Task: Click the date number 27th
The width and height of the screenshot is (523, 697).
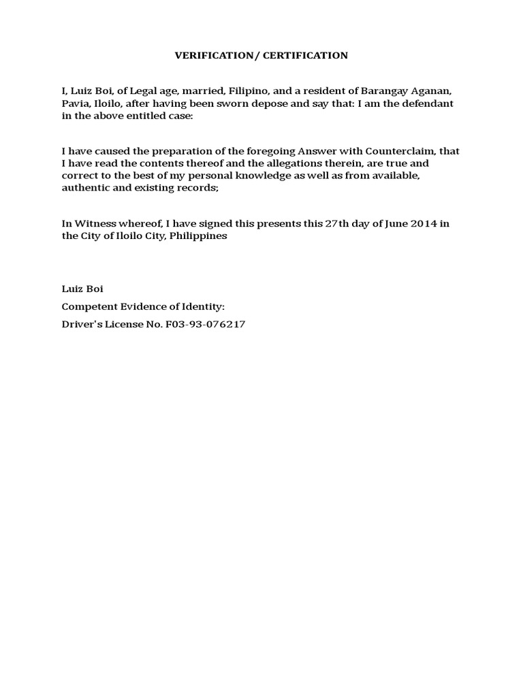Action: [x=336, y=224]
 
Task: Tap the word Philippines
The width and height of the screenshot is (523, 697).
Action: [x=197, y=236]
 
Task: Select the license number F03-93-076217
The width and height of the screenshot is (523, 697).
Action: [x=205, y=325]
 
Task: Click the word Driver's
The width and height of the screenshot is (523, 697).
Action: [x=80, y=325]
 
